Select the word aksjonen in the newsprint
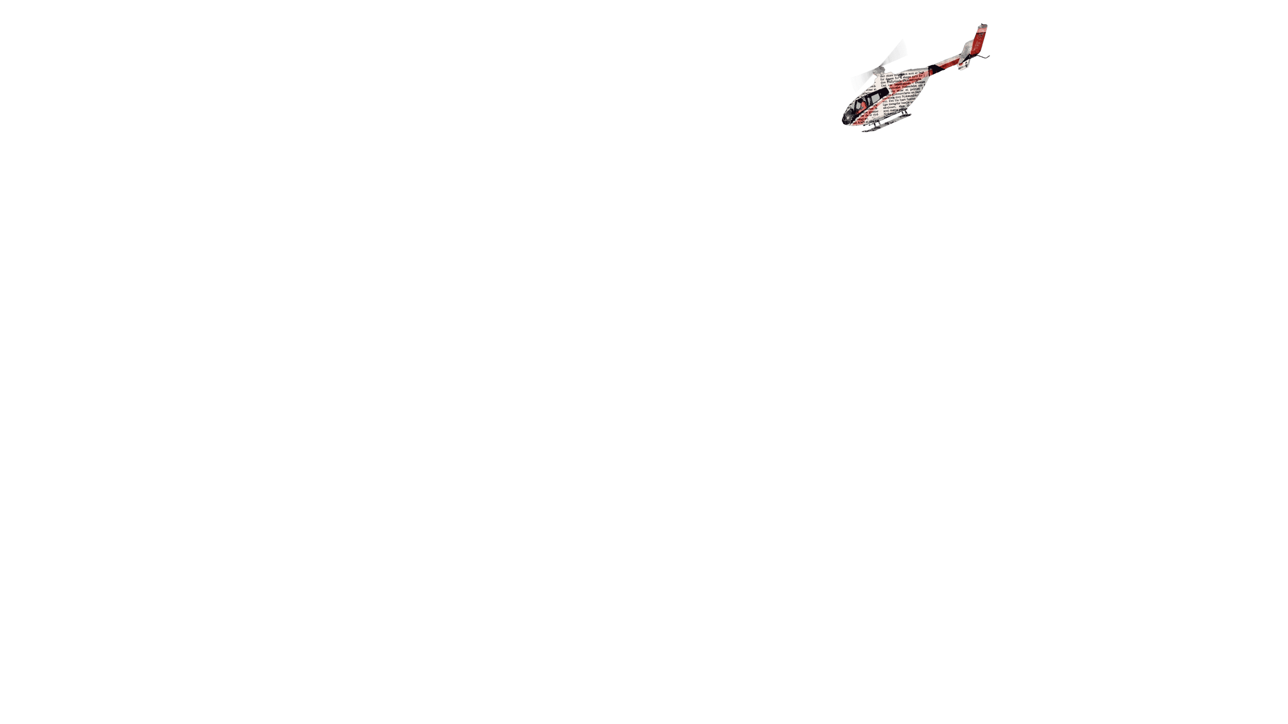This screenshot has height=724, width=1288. tap(890, 107)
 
